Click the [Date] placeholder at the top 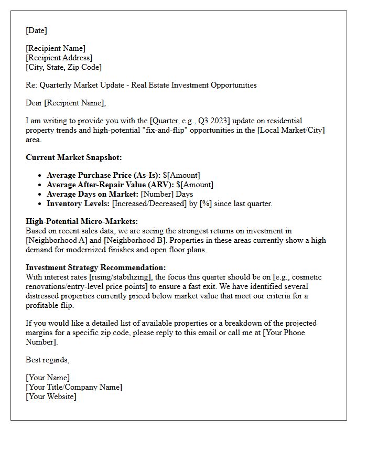coord(36,30)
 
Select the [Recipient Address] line coord(59,58)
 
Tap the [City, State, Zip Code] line coord(63,67)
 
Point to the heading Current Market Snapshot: coord(73,157)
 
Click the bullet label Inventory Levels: coord(78,203)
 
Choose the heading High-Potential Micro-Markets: coord(82,221)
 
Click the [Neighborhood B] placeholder coord(134,240)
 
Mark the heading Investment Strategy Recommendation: coord(96,267)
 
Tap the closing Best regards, coord(48,360)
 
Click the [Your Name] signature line coord(48,378)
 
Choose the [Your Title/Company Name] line coord(74,387)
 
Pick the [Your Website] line coord(51,396)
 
